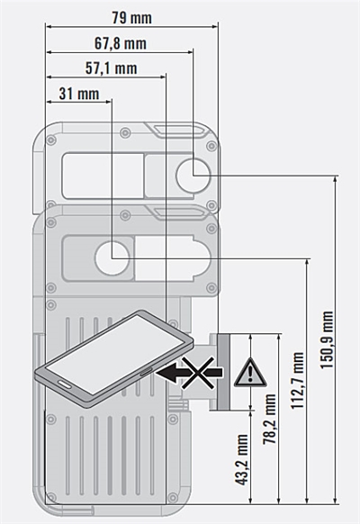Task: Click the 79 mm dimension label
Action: pyautogui.click(x=131, y=18)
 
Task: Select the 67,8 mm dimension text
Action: pyautogui.click(x=121, y=43)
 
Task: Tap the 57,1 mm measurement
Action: pyautogui.click(x=112, y=68)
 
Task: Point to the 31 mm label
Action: pyautogui.click(x=79, y=94)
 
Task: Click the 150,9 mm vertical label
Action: pyautogui.click(x=327, y=339)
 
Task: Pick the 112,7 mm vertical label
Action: pyautogui.click(x=298, y=380)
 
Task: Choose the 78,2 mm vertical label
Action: pyautogui.click(x=269, y=419)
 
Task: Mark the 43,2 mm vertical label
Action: pyautogui.click(x=241, y=459)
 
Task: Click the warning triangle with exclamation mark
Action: pyautogui.click(x=250, y=372)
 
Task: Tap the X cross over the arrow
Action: pyautogui.click(x=198, y=373)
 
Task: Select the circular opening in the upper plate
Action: pyautogui.click(x=193, y=175)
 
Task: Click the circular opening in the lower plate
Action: pyautogui.click(x=112, y=258)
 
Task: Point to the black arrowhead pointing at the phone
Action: pyautogui.click(x=168, y=373)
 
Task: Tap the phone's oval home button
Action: pyautogui.click(x=65, y=384)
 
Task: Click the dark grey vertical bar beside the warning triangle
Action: pyautogui.click(x=223, y=372)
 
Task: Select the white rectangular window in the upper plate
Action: pyautogui.click(x=103, y=175)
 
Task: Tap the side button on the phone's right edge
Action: pyautogui.click(x=146, y=372)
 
